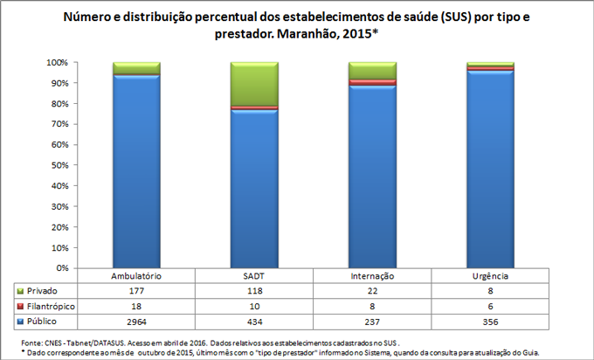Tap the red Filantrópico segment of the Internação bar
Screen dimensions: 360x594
tap(372, 82)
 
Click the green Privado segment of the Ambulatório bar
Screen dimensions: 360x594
tap(136, 68)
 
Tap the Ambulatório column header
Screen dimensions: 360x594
tap(136, 276)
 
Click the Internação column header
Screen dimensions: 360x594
tap(372, 276)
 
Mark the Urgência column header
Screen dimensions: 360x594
tap(490, 276)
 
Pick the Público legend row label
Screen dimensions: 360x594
tap(40, 321)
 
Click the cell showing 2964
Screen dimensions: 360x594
tap(136, 321)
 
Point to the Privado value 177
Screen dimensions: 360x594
tap(136, 290)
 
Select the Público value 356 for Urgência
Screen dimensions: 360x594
tap(490, 321)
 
